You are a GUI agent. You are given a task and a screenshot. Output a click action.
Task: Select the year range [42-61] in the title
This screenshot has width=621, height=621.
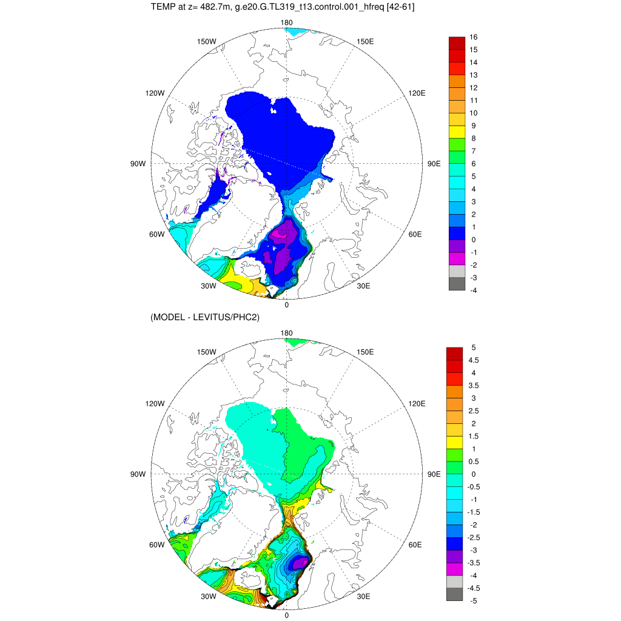click(397, 8)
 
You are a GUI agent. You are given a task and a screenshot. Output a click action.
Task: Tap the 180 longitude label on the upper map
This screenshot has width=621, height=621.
click(287, 23)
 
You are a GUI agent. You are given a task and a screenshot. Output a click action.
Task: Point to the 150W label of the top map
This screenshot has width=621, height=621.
click(207, 41)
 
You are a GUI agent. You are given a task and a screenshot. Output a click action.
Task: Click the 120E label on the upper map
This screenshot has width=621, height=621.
click(417, 93)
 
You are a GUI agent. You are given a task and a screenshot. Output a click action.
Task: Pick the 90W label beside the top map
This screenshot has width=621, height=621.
click(138, 164)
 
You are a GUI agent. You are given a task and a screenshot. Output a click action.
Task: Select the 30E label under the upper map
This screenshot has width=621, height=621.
click(364, 286)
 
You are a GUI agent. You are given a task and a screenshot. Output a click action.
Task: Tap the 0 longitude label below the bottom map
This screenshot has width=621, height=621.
click(287, 615)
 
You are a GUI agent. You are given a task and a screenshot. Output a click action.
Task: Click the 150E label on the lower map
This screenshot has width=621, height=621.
click(365, 352)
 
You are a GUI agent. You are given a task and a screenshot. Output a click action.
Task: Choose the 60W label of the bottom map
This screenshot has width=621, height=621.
click(156, 545)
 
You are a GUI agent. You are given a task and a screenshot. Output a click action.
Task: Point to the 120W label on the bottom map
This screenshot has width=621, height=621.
click(155, 403)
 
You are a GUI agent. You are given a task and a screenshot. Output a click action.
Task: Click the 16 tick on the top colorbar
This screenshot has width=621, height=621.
click(474, 36)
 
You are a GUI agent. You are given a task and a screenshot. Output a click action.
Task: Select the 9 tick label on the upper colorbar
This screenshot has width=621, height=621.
click(473, 126)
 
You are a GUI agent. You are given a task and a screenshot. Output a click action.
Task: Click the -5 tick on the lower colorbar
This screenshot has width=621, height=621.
click(475, 601)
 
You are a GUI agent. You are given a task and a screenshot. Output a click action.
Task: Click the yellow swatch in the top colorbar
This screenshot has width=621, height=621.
click(457, 130)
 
